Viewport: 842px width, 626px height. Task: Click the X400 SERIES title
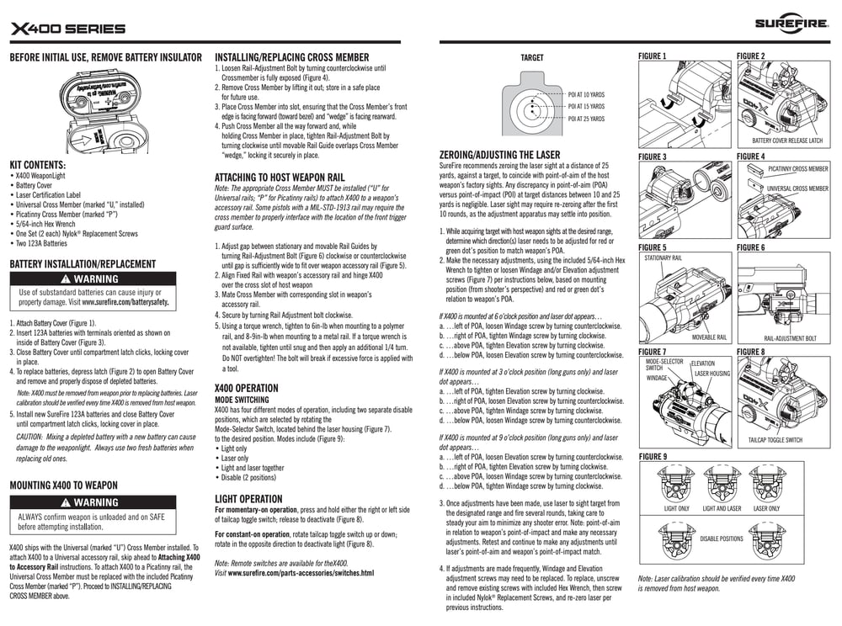click(68, 29)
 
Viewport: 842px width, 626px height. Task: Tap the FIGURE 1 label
click(653, 56)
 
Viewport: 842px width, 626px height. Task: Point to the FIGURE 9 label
click(653, 456)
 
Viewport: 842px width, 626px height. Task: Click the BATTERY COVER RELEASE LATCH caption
click(787, 141)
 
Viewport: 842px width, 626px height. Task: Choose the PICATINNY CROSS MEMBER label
click(797, 168)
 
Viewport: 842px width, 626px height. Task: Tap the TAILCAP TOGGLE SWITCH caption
click(775, 440)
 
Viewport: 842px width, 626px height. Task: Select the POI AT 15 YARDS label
click(587, 107)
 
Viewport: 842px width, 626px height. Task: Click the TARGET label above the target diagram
click(532, 58)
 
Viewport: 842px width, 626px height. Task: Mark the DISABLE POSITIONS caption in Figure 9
click(722, 538)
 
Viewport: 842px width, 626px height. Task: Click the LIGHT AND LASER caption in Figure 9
click(722, 508)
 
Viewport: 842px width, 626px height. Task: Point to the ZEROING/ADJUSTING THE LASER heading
click(499, 156)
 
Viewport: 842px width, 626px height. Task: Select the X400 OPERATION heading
click(246, 388)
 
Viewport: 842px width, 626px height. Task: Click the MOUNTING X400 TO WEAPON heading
click(63, 485)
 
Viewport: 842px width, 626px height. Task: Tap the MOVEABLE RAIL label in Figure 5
click(710, 337)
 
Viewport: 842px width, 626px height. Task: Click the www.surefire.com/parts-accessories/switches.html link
click(301, 572)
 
